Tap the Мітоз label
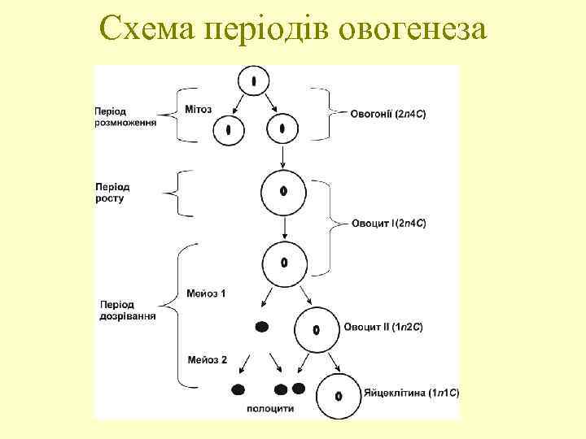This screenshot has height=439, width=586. [199, 110]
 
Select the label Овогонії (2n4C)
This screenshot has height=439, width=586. [387, 115]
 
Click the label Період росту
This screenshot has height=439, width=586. [112, 193]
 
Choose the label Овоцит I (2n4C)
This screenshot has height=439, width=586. [388, 223]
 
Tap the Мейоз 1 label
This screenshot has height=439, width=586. [207, 292]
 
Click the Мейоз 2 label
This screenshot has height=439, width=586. [207, 359]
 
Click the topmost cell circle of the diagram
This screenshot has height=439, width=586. [255, 81]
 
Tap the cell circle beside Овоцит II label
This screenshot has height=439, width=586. [316, 329]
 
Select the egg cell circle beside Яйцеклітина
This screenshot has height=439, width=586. [338, 395]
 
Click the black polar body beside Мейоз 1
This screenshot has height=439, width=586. [262, 327]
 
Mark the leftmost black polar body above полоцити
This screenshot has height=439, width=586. [239, 389]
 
